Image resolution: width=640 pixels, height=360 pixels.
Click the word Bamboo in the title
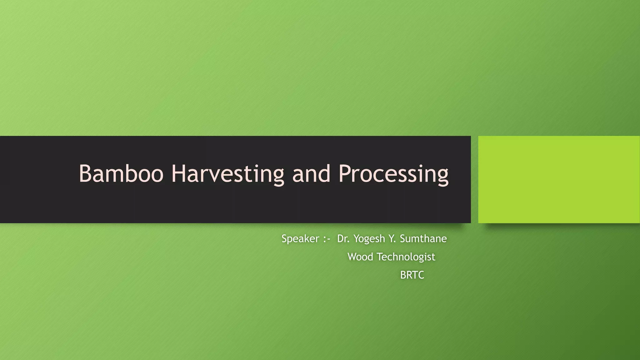(121, 173)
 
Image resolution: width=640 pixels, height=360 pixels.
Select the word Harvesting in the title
(227, 174)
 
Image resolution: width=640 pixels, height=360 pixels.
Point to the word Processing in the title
(393, 174)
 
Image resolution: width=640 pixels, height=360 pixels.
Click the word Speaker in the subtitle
(300, 239)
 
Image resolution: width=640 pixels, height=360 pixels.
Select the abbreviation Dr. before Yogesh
(343, 239)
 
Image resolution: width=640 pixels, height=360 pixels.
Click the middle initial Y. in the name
(392, 239)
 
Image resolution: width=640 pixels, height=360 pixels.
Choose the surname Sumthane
(423, 239)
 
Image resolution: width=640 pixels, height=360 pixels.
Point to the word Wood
(360, 257)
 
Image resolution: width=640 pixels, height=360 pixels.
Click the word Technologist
(406, 257)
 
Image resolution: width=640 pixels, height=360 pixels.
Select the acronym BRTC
(412, 275)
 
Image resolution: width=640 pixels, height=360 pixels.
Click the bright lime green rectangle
(559, 179)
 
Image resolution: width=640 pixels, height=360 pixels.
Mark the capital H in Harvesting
(178, 173)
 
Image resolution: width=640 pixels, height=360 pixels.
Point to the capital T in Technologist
(380, 257)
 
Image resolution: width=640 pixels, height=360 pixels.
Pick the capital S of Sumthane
(403, 239)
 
